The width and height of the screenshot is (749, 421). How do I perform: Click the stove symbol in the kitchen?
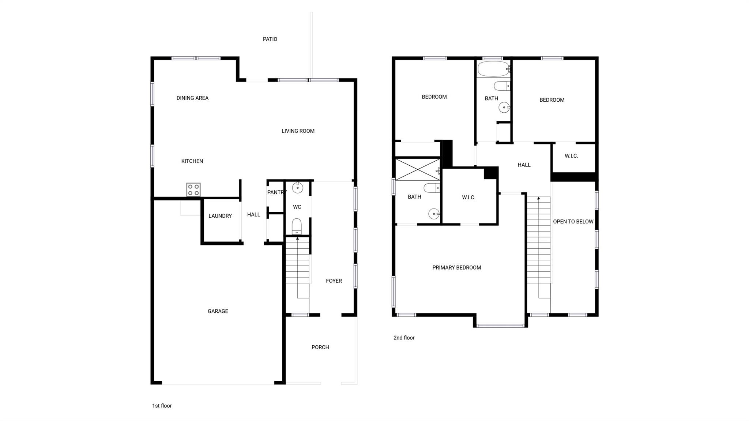point(193,189)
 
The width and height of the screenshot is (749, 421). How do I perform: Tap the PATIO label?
point(270,39)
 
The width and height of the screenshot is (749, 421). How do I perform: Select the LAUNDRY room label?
point(220,216)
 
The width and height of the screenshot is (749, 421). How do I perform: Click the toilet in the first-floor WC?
point(297,226)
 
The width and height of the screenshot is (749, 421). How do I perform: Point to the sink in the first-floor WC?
point(298,188)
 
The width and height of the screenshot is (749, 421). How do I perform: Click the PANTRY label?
point(276,192)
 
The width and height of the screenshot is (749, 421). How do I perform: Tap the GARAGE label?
point(218,311)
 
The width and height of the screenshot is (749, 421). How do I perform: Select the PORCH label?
point(320,347)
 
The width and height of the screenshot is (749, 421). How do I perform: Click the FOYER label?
point(334,281)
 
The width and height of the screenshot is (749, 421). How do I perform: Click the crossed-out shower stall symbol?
point(418,169)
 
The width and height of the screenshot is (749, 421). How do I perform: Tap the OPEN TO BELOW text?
point(573,222)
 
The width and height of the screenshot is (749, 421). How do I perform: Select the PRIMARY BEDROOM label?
point(456,268)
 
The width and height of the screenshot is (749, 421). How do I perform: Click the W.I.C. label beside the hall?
point(571,156)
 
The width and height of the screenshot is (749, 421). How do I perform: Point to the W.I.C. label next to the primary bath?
point(468,198)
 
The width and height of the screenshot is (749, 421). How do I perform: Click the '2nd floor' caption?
point(404,338)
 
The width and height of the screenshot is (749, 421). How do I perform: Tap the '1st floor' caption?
point(162,406)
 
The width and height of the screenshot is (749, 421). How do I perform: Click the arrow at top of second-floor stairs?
point(538,199)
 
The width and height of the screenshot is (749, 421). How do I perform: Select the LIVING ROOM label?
point(298,131)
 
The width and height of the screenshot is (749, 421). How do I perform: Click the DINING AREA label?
point(192,98)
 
